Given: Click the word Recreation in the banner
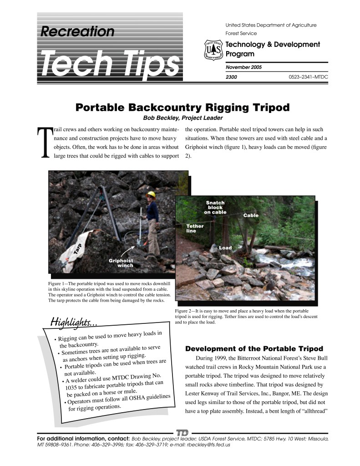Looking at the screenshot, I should pos(77,31).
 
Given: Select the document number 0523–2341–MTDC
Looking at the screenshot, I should pos(308,77).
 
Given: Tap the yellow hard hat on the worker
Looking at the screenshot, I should pos(151,195).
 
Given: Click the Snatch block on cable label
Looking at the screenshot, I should pos(215,207).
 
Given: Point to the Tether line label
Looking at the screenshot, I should pos(195,228).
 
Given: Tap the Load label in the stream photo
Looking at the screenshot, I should pos(225,248).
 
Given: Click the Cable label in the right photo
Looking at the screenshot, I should pos(251,215).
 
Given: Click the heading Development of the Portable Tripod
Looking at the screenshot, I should pos(254,349).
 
